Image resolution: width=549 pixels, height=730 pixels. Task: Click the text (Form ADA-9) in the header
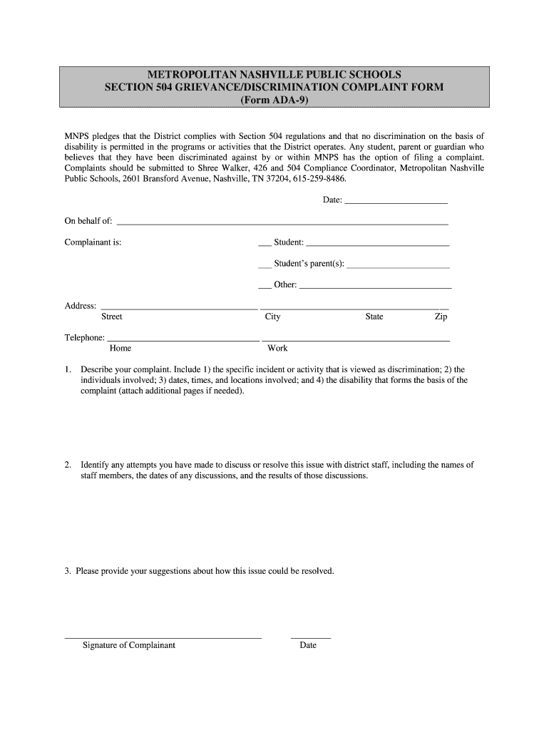[x=274, y=101]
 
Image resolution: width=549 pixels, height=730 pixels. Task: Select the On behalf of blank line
[x=282, y=222]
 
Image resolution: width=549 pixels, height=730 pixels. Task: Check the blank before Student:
[x=265, y=244]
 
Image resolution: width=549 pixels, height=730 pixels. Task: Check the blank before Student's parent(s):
[x=265, y=265]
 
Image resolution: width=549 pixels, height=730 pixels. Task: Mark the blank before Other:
[x=265, y=286]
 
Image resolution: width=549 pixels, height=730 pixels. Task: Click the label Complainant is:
[x=93, y=242]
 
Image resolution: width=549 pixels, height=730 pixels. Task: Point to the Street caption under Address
[x=112, y=317]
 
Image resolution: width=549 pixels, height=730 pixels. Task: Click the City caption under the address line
[x=272, y=317]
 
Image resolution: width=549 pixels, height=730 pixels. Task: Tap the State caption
[x=374, y=317]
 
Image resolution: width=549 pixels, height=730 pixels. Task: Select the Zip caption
[x=441, y=317]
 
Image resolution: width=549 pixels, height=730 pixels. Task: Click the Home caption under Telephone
[x=120, y=349]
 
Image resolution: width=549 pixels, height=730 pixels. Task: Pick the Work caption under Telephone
[x=277, y=349]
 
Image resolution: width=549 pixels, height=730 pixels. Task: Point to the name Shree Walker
[x=222, y=168]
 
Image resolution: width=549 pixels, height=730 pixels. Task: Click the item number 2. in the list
[x=68, y=465]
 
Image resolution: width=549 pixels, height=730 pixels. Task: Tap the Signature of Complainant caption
[x=129, y=645]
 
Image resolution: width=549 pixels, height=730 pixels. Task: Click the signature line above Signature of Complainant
[x=163, y=637]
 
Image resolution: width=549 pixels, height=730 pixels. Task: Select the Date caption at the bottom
[x=308, y=645]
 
